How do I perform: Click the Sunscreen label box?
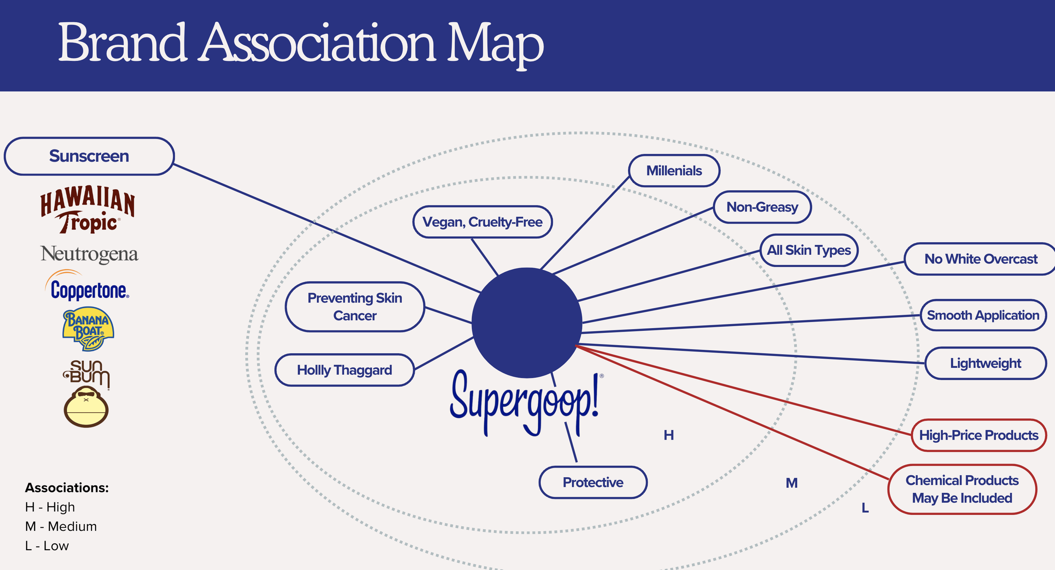coord(89,156)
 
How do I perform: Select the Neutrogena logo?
coord(89,254)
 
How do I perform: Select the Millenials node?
coord(674,171)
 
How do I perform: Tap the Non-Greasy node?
coord(762,207)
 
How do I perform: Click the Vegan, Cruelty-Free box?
coord(482,222)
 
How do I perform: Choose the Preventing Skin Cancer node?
coord(354,307)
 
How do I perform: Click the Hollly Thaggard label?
coord(344,370)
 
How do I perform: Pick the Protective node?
coord(593,482)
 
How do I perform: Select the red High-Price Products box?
coord(979,435)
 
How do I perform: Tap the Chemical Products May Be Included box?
coord(962,489)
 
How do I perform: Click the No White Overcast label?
coord(981,259)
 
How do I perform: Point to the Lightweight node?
coord(985,363)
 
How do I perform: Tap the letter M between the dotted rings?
coord(792,483)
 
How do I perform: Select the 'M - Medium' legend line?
coord(61,527)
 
